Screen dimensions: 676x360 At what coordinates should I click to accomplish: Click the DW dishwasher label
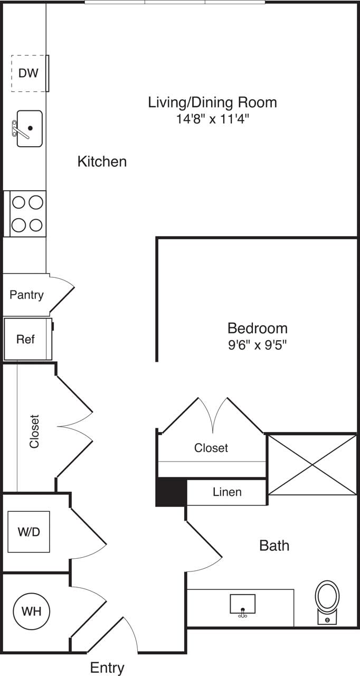[29, 73]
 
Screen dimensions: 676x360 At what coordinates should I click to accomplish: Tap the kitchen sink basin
[30, 128]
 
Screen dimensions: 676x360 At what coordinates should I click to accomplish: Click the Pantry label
[26, 295]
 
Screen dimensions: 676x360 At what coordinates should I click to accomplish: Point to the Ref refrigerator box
[26, 339]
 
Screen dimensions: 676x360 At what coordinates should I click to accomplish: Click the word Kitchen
[102, 162]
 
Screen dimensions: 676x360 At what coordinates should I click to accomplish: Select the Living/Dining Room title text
[212, 102]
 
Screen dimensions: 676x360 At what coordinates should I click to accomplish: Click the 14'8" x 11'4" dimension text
[212, 119]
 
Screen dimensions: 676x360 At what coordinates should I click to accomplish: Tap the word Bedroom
[257, 328]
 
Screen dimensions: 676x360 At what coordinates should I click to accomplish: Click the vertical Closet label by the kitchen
[35, 431]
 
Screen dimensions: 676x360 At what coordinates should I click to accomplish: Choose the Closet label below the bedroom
[211, 448]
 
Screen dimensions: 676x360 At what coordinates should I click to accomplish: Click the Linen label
[227, 492]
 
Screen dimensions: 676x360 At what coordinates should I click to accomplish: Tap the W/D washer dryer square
[29, 532]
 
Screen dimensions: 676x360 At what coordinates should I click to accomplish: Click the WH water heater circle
[31, 612]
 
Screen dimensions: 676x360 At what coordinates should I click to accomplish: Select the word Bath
[274, 546]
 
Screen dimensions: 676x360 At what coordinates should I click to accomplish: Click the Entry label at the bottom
[107, 668]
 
